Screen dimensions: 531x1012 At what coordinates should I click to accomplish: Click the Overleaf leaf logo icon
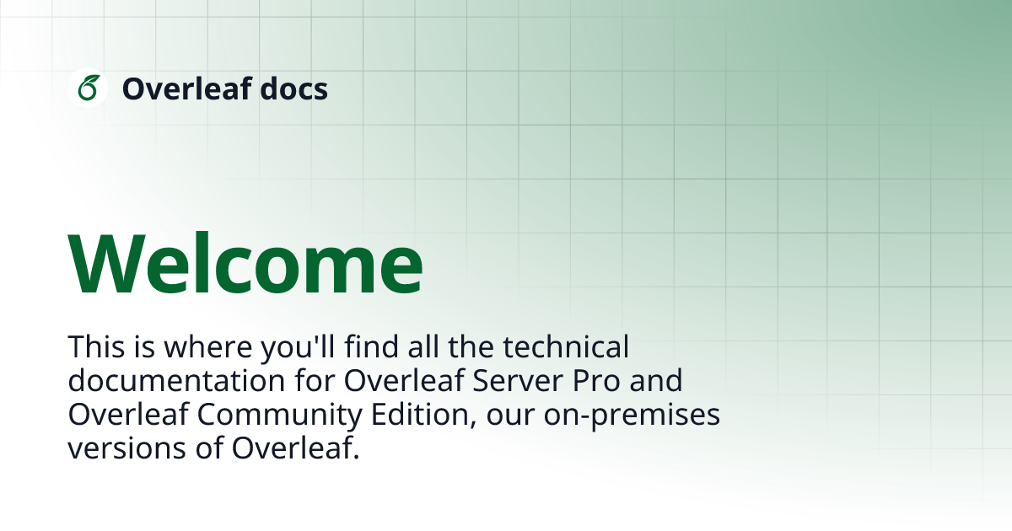coord(88,88)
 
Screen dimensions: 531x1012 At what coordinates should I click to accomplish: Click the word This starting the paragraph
coord(94,346)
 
